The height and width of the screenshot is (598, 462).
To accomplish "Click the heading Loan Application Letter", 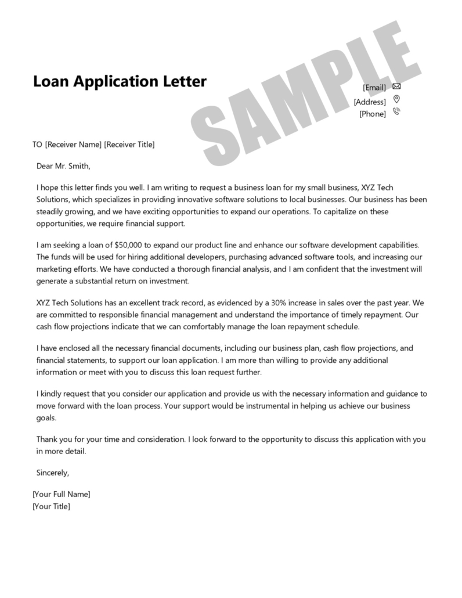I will click(120, 81).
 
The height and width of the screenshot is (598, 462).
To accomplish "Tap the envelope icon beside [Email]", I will click(396, 87).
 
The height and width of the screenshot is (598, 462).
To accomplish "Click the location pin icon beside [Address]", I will click(396, 99).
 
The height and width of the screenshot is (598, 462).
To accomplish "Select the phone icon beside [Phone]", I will click(396, 112).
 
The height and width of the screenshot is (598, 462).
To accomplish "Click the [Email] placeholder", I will click(374, 88).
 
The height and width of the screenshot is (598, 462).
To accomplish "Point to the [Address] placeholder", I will click(370, 102).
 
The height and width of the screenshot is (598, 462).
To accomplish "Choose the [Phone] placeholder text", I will click(373, 114).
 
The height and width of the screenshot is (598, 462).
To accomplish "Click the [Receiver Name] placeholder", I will click(73, 145).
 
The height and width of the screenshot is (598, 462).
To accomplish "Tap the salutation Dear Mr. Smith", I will click(63, 166).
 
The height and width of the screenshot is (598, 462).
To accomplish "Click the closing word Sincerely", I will click(52, 473).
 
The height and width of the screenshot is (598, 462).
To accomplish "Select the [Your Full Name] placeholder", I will click(62, 495).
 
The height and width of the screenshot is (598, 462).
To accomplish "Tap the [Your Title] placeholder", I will click(52, 506).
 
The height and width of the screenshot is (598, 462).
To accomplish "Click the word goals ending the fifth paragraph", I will click(46, 417).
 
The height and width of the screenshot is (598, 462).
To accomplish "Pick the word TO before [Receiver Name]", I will click(38, 145).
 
